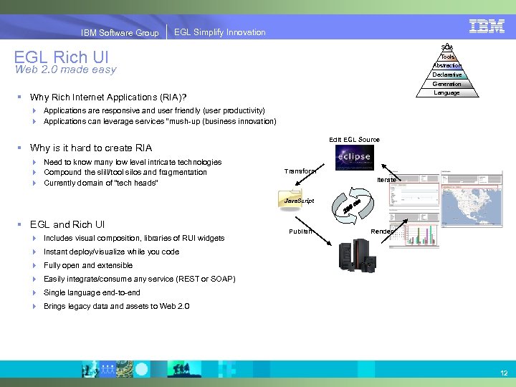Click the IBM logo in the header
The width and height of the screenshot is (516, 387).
coord(487,26)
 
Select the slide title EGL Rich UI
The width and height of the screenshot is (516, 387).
coord(60,57)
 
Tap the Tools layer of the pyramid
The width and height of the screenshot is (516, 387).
coord(447,57)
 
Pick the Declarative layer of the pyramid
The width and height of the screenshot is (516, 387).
coord(447,75)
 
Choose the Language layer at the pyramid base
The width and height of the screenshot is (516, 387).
coord(447,92)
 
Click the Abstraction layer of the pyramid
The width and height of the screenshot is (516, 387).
coord(447,65)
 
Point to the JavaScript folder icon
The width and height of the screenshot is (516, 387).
coord(293,201)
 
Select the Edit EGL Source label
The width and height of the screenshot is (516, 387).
coord(354,139)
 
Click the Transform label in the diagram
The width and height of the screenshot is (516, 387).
coord(300,171)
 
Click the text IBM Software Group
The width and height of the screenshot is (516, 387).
coord(120,32)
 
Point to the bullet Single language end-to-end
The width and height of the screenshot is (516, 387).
coord(92,292)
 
